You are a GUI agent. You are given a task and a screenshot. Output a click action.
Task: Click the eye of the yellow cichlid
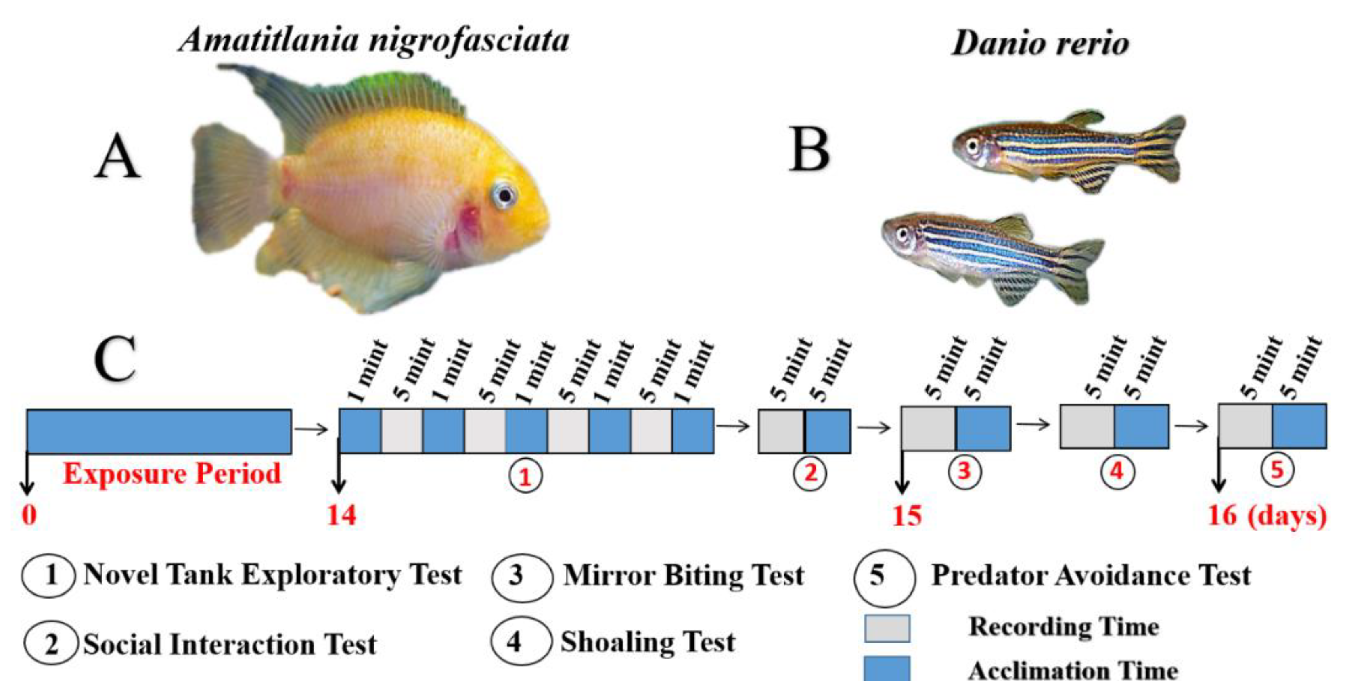[x=504, y=195]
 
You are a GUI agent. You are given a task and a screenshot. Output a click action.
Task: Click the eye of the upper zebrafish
[x=972, y=145]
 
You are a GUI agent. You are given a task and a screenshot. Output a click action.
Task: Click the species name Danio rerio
[x=1040, y=43]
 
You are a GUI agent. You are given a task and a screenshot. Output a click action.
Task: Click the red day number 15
[x=907, y=516]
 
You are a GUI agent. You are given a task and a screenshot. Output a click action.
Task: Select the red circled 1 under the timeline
[x=525, y=476]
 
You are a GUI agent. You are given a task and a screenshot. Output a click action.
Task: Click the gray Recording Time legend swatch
[x=887, y=628]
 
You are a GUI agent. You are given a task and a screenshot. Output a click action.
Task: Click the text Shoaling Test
[x=647, y=642]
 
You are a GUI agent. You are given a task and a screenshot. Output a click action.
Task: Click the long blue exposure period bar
[x=159, y=431]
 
